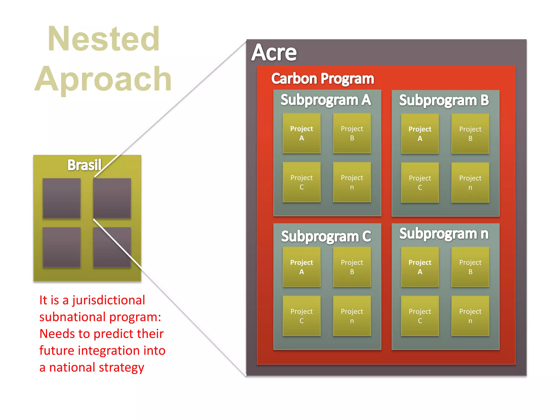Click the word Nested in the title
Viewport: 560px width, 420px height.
103,39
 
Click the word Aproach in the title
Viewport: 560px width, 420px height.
103,79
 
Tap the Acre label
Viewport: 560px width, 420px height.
274,52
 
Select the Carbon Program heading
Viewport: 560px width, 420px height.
322,78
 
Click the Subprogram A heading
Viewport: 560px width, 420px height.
326,100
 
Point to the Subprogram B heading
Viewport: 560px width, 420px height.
444,100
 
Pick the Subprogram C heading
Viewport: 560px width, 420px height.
326,236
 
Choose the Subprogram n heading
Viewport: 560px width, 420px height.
444,234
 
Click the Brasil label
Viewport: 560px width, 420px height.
84,165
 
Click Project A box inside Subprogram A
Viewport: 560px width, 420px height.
302,133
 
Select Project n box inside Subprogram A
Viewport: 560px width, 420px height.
352,182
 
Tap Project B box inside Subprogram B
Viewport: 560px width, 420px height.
470,133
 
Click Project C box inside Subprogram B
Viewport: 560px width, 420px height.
420,182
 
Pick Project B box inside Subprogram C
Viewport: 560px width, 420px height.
352,267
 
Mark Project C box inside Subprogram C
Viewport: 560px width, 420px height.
302,316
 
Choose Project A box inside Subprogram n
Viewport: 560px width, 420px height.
420,267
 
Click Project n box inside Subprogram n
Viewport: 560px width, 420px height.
470,316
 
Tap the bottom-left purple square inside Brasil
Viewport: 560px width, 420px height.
62,247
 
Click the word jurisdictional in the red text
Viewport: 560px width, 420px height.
109,300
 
